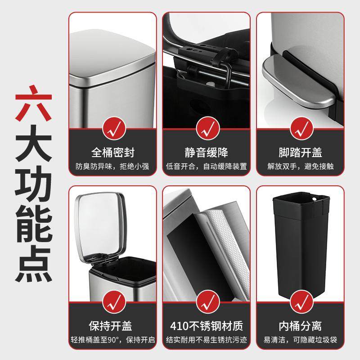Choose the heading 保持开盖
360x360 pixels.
(112, 325)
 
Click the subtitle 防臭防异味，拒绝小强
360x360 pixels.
(112, 166)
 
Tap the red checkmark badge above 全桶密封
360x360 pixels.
(112, 128)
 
